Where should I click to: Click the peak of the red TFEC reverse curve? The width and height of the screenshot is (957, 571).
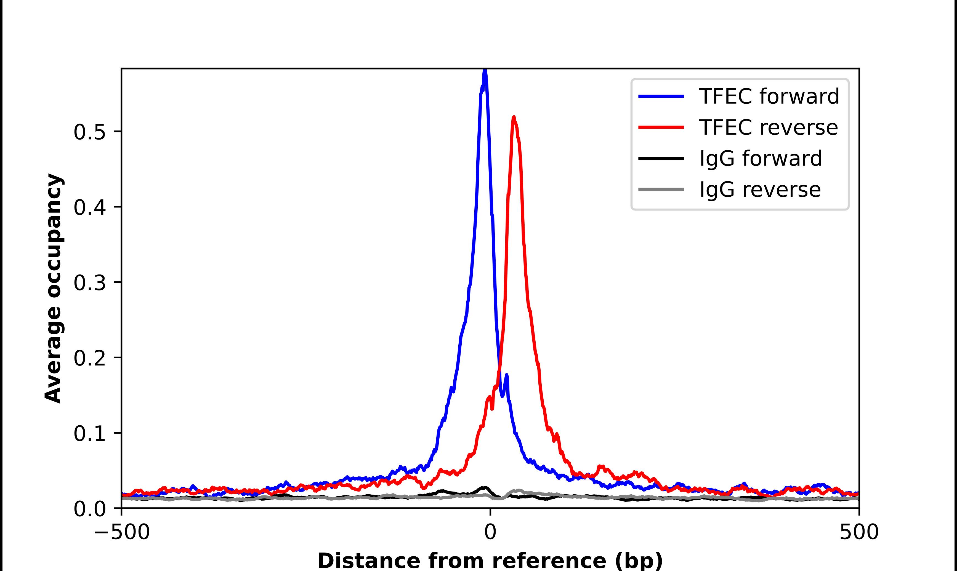[x=514, y=118]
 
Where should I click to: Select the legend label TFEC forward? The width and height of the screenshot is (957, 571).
[x=769, y=96]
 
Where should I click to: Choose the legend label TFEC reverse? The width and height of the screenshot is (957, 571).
[x=768, y=127]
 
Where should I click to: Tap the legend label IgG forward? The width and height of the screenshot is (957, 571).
[x=760, y=159]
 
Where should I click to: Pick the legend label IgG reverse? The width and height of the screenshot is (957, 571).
[x=760, y=190]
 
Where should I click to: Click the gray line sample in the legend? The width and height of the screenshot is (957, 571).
[x=661, y=189]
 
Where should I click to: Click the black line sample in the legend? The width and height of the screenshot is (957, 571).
[x=661, y=158]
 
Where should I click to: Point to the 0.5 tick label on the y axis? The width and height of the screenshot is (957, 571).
[x=90, y=132]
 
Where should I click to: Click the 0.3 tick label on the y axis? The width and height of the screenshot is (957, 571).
[x=90, y=283]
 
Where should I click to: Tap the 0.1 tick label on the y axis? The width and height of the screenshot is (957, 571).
[x=90, y=434]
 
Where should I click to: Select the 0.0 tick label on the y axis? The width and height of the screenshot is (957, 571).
[x=90, y=509]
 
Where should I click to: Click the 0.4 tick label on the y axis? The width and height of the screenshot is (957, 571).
[x=90, y=208]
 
